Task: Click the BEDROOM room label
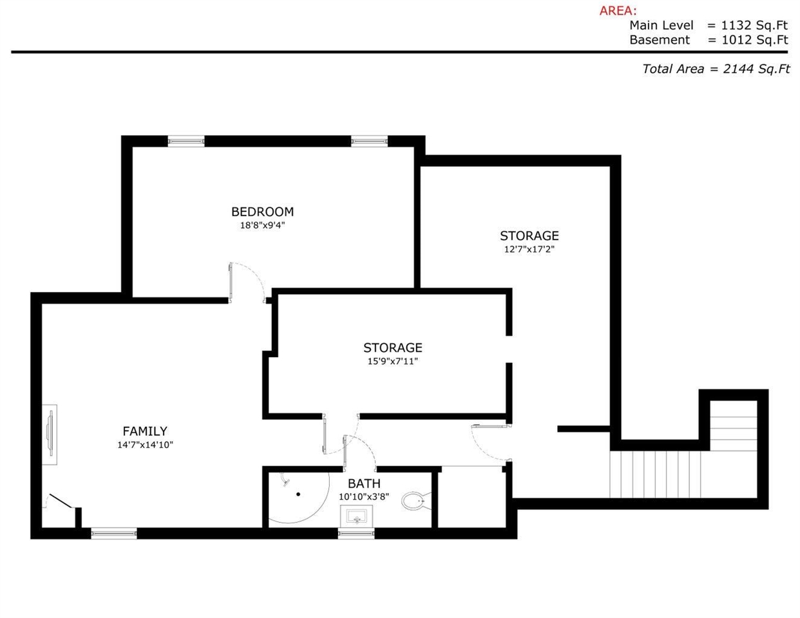click(x=262, y=212)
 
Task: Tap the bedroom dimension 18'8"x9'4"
click(x=262, y=225)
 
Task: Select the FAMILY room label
click(x=145, y=431)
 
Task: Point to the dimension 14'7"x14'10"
click(x=145, y=445)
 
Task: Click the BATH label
click(x=364, y=483)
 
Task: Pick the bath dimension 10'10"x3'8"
click(x=364, y=497)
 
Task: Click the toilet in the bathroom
click(x=415, y=501)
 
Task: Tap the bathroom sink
click(x=356, y=516)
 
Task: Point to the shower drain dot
click(x=298, y=494)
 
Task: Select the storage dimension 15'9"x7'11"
click(x=392, y=361)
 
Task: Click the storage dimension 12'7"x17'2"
click(x=529, y=249)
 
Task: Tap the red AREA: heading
click(x=618, y=11)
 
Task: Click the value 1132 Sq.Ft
click(x=754, y=25)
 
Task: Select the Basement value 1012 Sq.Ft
click(x=754, y=40)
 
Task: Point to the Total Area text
click(x=716, y=69)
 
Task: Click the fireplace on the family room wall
click(x=50, y=435)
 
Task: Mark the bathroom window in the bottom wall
click(x=356, y=533)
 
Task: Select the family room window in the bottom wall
click(x=114, y=533)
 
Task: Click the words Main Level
click(x=662, y=25)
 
